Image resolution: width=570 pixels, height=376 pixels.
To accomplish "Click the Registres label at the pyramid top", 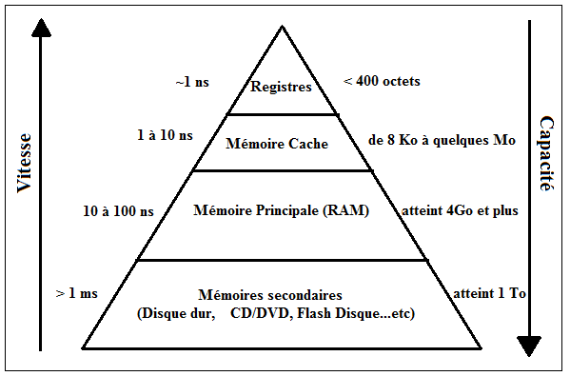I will click(x=281, y=88).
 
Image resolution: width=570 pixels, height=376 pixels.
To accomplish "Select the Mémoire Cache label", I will click(x=277, y=145).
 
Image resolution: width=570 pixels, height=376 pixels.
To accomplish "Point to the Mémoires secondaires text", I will click(x=284, y=295).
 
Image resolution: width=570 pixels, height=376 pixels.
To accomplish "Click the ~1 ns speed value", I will click(x=191, y=82).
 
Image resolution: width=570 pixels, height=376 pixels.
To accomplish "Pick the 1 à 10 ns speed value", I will click(x=165, y=135).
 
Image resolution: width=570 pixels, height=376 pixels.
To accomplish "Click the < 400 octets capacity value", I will click(x=381, y=82).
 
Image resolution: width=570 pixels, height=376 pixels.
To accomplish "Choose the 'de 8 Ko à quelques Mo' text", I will click(x=442, y=140).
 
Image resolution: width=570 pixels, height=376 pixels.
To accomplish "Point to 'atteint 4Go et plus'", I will click(x=461, y=209).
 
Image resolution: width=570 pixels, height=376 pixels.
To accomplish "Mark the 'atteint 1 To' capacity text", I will click(x=489, y=294).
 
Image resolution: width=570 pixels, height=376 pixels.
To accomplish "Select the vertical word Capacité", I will click(x=546, y=154).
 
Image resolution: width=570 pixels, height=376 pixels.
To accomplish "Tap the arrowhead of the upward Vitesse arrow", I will click(x=40, y=28).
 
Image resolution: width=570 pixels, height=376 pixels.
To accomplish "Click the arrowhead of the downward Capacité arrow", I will click(x=528, y=345).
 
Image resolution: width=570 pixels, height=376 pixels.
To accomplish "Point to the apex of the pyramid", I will click(x=282, y=28).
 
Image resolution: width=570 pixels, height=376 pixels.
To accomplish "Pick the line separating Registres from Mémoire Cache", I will click(x=281, y=113).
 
